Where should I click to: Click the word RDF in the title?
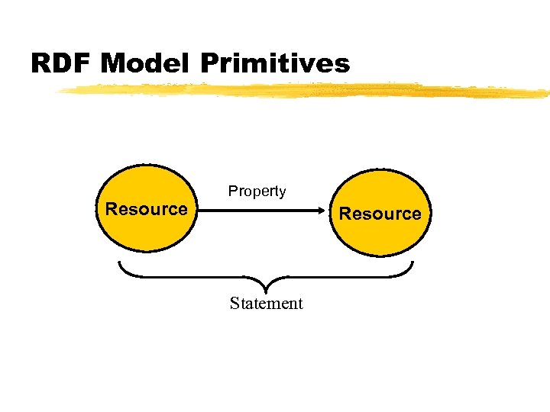62,63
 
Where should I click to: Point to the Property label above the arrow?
257,192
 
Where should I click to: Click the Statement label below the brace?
266,304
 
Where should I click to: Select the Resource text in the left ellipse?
146,209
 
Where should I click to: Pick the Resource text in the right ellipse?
380,214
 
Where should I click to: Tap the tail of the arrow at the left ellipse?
200,213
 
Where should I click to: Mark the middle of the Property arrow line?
264,213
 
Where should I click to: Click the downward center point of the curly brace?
265,290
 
